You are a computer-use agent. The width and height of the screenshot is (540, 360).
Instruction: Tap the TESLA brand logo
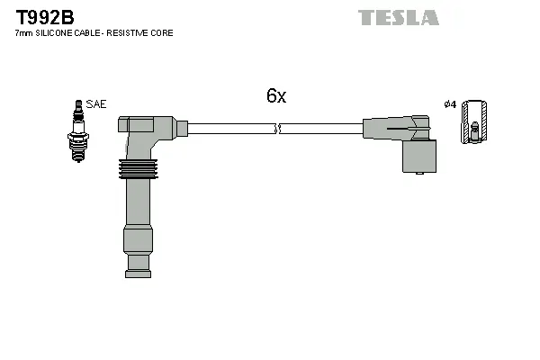pos(398,17)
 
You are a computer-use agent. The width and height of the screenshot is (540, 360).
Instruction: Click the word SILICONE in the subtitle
pos(59,33)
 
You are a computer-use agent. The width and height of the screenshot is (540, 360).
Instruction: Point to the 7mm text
pos(23,33)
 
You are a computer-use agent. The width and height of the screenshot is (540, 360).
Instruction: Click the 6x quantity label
pos(275,96)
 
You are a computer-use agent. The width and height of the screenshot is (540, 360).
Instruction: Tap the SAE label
pos(96,104)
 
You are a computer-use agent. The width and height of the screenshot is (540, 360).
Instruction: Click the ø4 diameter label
pos(451,104)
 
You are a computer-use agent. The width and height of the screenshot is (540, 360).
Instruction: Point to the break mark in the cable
pos(280,130)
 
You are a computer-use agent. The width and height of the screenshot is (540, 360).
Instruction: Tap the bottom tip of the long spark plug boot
pos(138,265)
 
